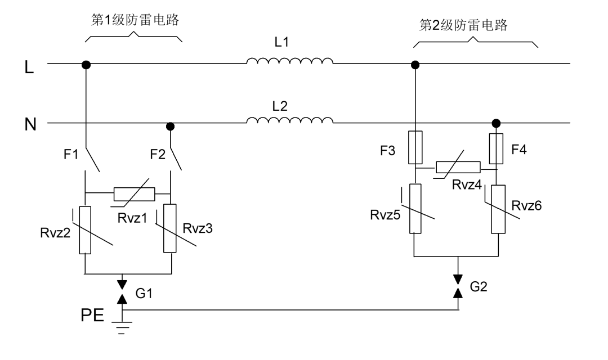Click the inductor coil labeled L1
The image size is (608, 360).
click(x=290, y=61)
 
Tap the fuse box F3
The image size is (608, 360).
click(x=415, y=147)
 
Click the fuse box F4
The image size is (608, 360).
click(x=496, y=147)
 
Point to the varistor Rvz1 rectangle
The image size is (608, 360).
click(x=134, y=194)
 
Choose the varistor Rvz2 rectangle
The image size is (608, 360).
click(x=85, y=230)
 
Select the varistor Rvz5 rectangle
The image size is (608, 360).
click(x=415, y=208)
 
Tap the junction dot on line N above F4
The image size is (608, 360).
click(x=496, y=123)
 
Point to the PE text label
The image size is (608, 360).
click(x=91, y=313)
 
